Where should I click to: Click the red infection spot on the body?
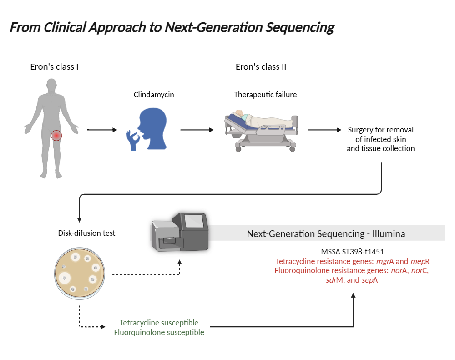click(x=56, y=135)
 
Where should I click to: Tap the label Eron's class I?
click(x=54, y=67)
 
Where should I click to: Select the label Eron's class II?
click(x=261, y=67)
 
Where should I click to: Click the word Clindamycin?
click(x=154, y=95)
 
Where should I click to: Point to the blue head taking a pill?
click(x=147, y=129)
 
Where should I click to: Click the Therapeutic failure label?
click(x=265, y=95)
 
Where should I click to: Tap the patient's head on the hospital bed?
click(x=239, y=113)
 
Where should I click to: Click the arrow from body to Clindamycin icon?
click(x=102, y=130)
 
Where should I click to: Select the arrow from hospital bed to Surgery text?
click(x=325, y=130)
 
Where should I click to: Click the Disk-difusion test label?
click(x=86, y=233)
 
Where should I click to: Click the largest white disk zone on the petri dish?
click(x=65, y=278)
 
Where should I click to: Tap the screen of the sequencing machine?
click(x=194, y=221)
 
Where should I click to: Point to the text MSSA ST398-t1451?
click(x=352, y=252)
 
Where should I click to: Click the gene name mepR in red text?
click(x=420, y=261)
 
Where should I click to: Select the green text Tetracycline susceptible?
click(x=159, y=323)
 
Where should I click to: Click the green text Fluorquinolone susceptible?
click(x=159, y=332)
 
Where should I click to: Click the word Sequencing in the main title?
click(x=300, y=28)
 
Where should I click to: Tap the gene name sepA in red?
click(x=369, y=280)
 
